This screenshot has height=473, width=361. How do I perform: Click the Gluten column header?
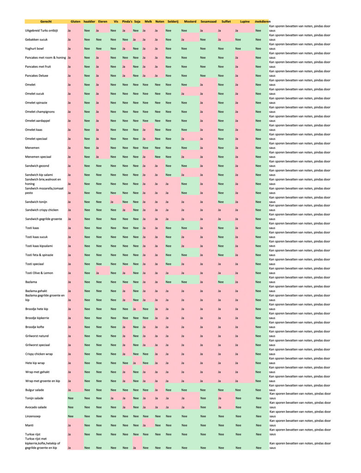[x=75, y=22]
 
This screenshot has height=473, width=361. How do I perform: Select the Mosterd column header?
[x=190, y=22]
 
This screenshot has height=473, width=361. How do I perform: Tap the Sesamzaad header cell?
[x=209, y=22]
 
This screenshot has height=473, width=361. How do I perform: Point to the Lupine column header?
[x=244, y=22]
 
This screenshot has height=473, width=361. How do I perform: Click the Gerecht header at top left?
[x=46, y=22]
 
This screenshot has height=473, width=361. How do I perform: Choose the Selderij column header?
[x=173, y=22]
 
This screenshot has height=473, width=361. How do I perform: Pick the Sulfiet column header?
[x=226, y=22]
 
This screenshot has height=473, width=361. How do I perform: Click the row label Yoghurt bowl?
[x=35, y=49]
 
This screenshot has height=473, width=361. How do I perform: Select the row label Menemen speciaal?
[x=38, y=157]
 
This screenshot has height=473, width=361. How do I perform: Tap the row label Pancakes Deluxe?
[x=36, y=75]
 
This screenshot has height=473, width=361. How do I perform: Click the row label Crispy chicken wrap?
[x=40, y=354]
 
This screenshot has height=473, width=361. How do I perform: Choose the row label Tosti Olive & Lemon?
[x=39, y=273]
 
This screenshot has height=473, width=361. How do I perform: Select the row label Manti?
[x=29, y=425]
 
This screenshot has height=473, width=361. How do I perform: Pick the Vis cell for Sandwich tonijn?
[x=112, y=201]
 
